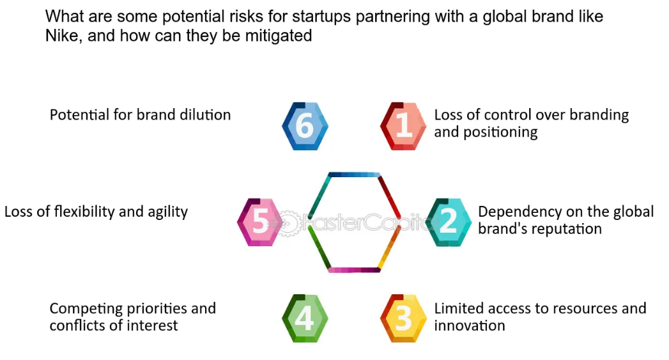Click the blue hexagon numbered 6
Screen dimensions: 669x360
[x=305, y=126]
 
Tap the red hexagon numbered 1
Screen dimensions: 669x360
[x=403, y=126]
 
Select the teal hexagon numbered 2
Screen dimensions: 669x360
[x=449, y=222]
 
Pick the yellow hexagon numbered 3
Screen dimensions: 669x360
[x=403, y=318]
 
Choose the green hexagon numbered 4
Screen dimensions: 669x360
[x=305, y=318]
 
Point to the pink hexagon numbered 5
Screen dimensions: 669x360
[x=260, y=222]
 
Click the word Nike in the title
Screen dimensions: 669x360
[x=63, y=35]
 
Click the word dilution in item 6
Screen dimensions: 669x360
[x=205, y=114]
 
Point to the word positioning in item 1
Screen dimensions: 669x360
[x=500, y=132]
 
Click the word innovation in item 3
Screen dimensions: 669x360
[x=470, y=325]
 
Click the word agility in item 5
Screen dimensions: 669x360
[x=167, y=212]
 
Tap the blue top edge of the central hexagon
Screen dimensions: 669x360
[x=354, y=175]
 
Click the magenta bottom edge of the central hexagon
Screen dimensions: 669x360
[x=354, y=270]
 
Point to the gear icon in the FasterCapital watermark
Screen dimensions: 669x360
[x=288, y=223]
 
